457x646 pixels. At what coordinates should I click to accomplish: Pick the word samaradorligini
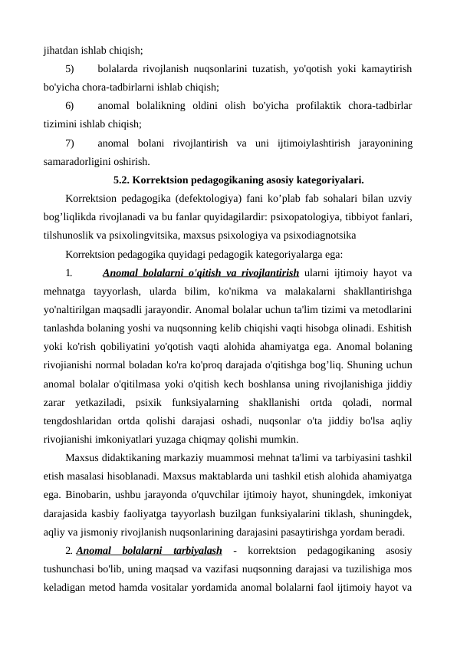78,161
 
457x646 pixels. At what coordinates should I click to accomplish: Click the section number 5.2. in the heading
124,180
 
